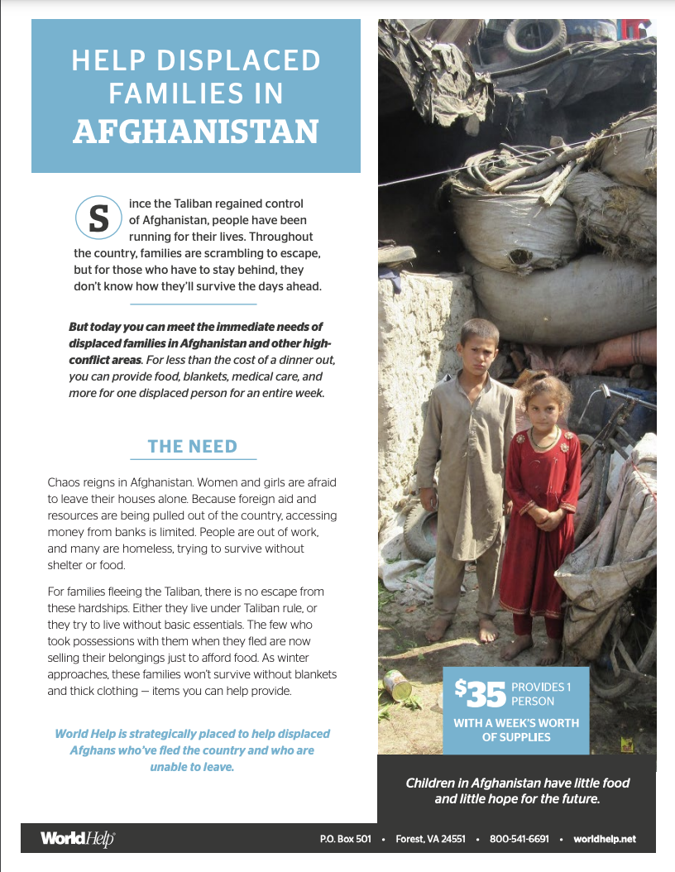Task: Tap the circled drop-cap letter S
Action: (98, 218)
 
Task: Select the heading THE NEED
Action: (193, 447)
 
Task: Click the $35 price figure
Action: (479, 693)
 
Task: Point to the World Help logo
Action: (78, 839)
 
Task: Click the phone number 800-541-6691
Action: (519, 839)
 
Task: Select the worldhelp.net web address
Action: (604, 839)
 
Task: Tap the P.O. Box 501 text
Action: (345, 839)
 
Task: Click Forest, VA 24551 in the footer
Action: (428, 839)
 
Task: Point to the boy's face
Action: (479, 347)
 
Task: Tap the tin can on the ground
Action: (397, 685)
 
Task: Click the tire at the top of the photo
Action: (534, 37)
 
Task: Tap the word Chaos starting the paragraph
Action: (64, 482)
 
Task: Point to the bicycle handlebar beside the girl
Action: (613, 396)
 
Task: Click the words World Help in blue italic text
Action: (89, 734)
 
